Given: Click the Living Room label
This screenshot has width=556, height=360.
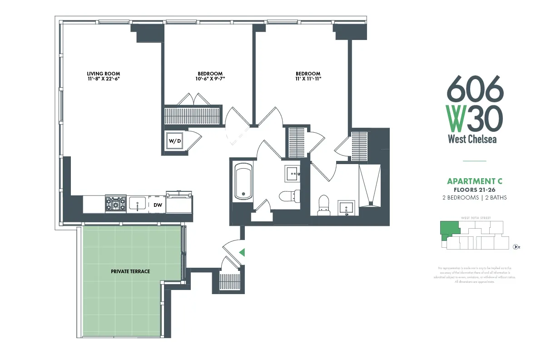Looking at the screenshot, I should [104, 74].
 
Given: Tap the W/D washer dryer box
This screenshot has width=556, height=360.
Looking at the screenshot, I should [175, 141].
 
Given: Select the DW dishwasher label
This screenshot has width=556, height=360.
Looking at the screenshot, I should [158, 205].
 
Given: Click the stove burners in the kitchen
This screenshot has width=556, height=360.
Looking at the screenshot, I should [115, 204].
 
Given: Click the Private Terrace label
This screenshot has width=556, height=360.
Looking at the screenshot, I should [130, 271].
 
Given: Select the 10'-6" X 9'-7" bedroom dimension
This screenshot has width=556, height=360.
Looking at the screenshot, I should [210, 79].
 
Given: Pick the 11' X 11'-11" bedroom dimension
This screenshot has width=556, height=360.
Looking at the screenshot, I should [308, 79].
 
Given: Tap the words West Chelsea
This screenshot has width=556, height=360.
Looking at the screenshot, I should [472, 139].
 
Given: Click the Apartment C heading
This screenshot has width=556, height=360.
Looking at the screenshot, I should [474, 182].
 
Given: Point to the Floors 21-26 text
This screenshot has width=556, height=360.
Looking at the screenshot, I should [474, 190].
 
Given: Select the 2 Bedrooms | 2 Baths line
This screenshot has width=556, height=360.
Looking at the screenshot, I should [474, 198].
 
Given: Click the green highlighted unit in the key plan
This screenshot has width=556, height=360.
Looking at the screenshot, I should [448, 228].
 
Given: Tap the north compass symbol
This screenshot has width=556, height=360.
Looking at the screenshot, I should [516, 247].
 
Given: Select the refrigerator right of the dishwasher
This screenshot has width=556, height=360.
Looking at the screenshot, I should [179, 202].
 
